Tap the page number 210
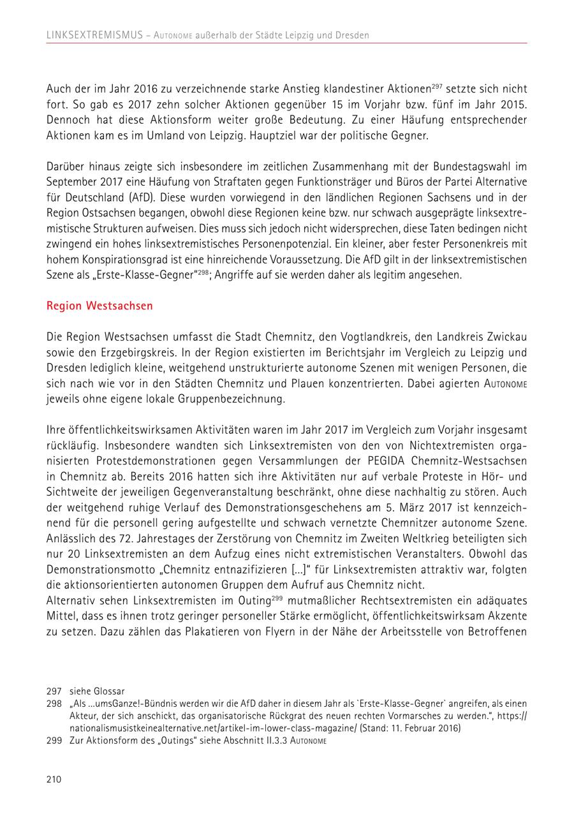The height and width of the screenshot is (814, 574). (x=54, y=779)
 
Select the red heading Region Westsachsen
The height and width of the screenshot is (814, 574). (x=99, y=306)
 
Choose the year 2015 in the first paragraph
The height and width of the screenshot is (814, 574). (x=515, y=105)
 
